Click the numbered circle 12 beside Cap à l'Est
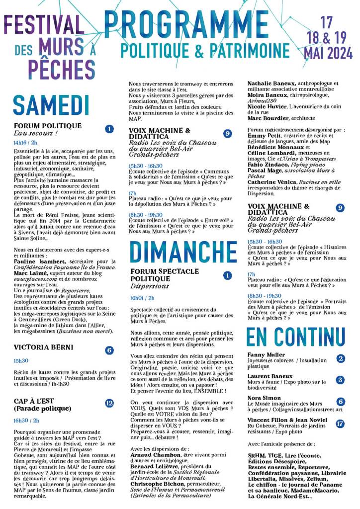(x=109, y=403)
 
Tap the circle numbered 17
(x=340, y=424)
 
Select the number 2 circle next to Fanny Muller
(x=340, y=358)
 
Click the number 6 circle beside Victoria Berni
(x=109, y=350)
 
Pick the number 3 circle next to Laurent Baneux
(x=340, y=380)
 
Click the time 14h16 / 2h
(x=26, y=142)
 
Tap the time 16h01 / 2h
(x=143, y=298)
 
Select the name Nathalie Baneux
(x=271, y=83)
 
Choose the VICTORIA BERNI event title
(x=44, y=347)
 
